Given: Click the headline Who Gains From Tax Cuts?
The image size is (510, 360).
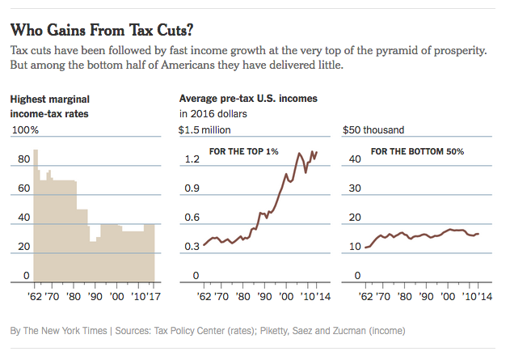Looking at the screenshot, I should click(x=101, y=31).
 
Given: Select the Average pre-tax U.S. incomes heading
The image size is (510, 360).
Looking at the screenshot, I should click(x=247, y=99).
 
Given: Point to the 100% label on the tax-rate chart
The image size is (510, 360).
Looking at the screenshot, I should click(x=24, y=129).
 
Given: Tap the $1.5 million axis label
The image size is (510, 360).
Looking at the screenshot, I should click(x=204, y=129).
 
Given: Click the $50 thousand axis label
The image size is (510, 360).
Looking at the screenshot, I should click(x=373, y=129).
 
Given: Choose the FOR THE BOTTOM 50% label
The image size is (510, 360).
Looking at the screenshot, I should click(x=417, y=152).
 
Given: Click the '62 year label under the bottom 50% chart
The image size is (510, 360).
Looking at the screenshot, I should click(x=365, y=295).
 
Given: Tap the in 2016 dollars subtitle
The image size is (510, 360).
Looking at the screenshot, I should click(x=213, y=114).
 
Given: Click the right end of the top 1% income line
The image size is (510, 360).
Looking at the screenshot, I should click(x=317, y=151).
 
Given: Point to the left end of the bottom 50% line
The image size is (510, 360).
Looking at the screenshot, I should click(x=365, y=247).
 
